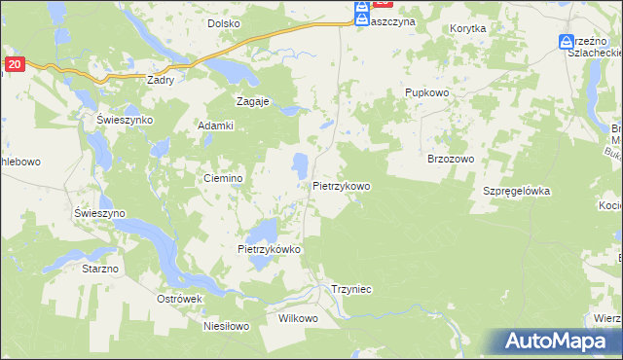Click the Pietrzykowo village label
342,186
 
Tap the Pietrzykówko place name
270,249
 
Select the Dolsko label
224,23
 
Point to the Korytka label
468,29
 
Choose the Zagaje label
253,100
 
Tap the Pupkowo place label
425,92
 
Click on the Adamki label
216,126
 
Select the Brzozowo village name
450,159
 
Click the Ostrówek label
179,299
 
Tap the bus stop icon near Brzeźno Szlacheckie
567,43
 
